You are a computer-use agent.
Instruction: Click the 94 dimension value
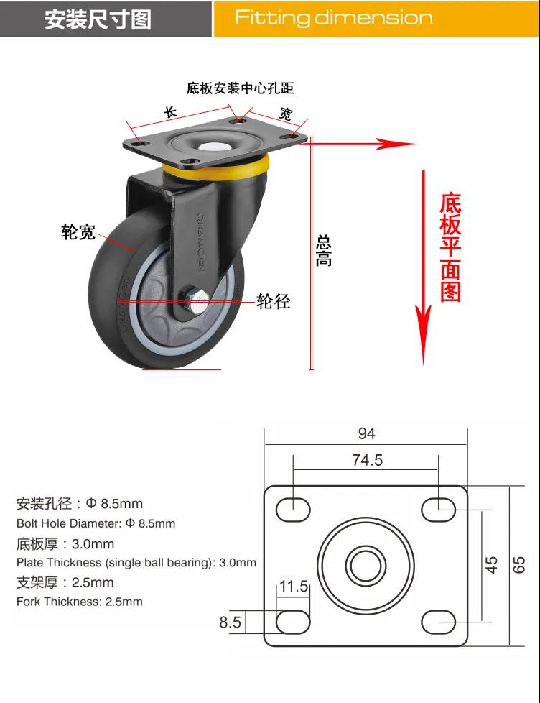pyautogui.click(x=367, y=433)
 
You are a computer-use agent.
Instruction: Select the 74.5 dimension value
pyautogui.click(x=367, y=460)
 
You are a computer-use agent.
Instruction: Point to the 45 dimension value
pyautogui.click(x=491, y=565)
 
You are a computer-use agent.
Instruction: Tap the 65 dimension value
pyautogui.click(x=518, y=565)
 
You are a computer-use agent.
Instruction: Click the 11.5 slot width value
pyautogui.click(x=294, y=586)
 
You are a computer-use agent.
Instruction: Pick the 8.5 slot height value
pyautogui.click(x=231, y=622)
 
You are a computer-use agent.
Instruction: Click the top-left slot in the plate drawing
pyautogui.click(x=293, y=510)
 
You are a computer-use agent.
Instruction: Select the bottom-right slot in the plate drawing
pyautogui.click(x=439, y=622)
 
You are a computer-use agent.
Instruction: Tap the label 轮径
pyautogui.click(x=274, y=301)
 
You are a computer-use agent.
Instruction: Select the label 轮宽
pyautogui.click(x=78, y=232)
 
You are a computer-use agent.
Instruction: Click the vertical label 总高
pyautogui.click(x=324, y=252)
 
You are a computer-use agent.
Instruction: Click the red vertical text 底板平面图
pyautogui.click(x=451, y=247)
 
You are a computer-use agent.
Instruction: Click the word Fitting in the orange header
pyautogui.click(x=273, y=18)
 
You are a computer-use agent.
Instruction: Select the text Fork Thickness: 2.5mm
pyautogui.click(x=80, y=602)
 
